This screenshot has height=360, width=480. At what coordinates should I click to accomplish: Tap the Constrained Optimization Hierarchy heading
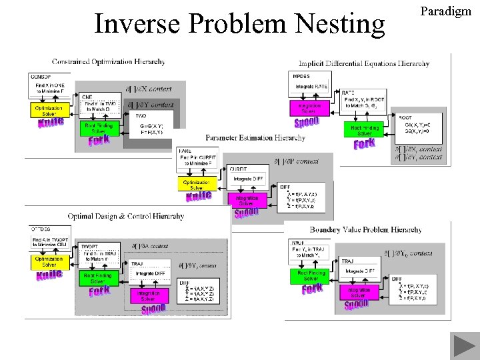108,61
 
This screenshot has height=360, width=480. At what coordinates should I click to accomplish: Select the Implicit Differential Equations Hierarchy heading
364,63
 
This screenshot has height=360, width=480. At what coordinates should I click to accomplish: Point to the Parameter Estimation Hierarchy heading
255,138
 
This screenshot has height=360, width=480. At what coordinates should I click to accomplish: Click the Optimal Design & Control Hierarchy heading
125,216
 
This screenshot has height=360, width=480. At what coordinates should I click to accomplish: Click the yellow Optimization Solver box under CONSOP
49,110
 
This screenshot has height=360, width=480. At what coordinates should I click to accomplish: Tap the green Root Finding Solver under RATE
365,129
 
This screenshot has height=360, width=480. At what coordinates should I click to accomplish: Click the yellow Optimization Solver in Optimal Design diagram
49,262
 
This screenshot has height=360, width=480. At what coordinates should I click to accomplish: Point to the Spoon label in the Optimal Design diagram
153,310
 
